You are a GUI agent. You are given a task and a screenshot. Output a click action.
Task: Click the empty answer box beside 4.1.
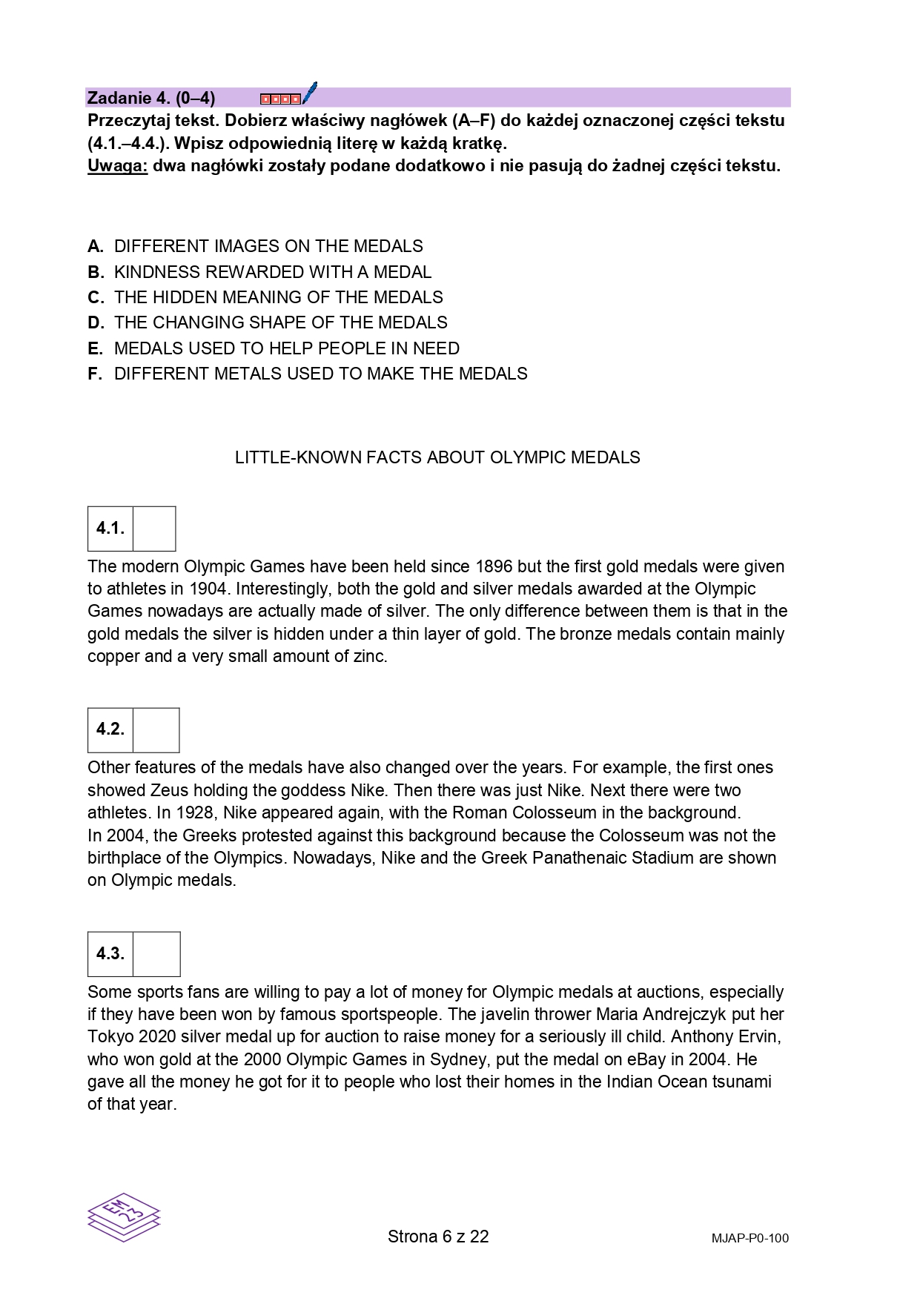point(154,529)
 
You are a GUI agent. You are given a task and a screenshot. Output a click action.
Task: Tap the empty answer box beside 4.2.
point(156,730)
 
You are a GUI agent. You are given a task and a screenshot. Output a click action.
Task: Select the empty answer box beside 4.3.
point(156,954)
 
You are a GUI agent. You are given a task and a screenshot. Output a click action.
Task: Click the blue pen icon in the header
point(310,93)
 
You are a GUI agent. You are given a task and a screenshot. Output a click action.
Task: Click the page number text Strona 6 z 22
point(438,1237)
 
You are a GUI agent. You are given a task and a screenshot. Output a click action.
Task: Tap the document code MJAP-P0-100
point(749,1238)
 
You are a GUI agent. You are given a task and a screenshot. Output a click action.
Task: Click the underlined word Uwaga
point(117,165)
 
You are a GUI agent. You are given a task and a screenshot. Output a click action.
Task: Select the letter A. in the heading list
point(96,246)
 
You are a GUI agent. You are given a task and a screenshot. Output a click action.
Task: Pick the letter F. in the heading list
point(95,374)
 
